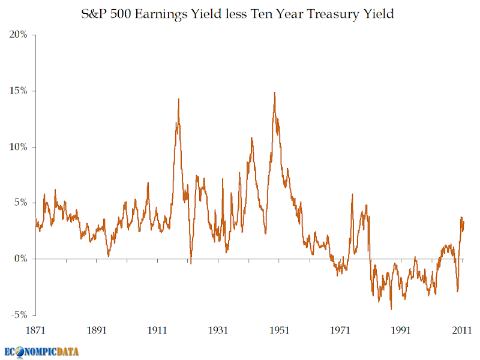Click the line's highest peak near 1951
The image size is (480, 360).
[x=274, y=92]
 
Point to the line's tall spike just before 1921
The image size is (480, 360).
[x=179, y=99]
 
